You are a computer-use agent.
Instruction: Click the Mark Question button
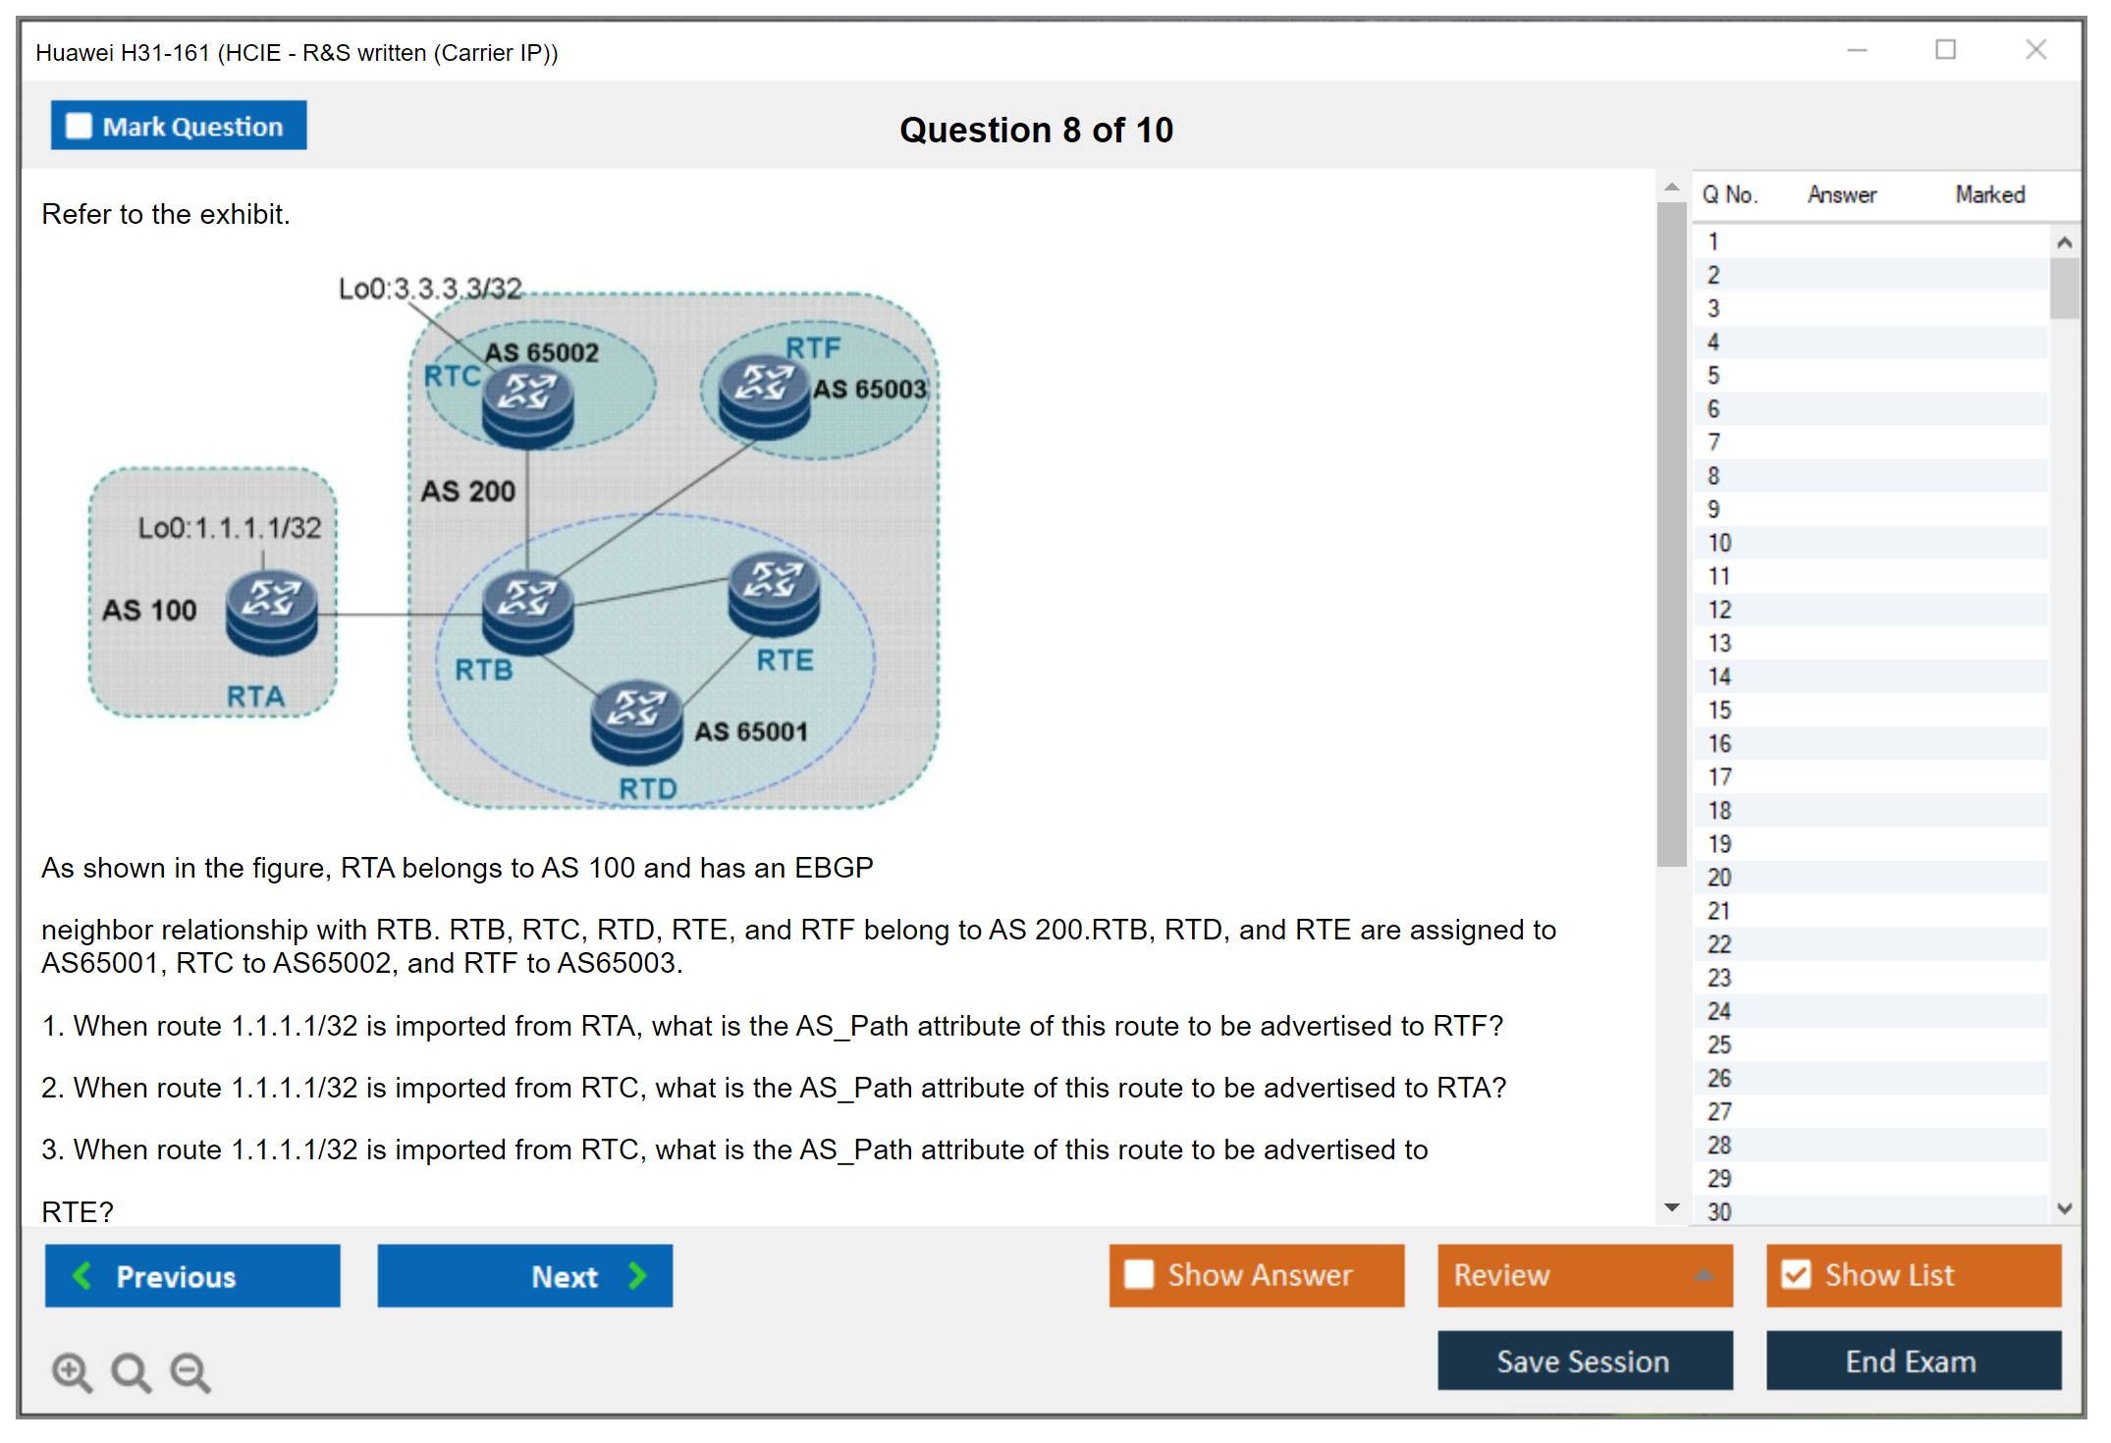click(x=179, y=126)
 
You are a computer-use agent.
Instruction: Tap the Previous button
click(x=192, y=1276)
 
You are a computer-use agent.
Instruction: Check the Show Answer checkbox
click(x=1139, y=1274)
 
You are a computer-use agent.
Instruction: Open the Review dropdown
click(x=1584, y=1275)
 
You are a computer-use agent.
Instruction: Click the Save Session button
click(x=1584, y=1362)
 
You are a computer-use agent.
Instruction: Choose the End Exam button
click(x=1912, y=1362)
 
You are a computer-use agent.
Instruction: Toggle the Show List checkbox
click(x=1797, y=1274)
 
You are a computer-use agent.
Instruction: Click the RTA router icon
click(x=272, y=614)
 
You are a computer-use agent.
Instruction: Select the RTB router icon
click(x=527, y=613)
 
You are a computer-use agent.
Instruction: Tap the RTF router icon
click(x=764, y=399)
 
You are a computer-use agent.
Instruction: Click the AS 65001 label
click(x=751, y=731)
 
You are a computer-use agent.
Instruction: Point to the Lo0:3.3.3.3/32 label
click(x=430, y=289)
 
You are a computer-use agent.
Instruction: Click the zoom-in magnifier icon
click(x=72, y=1371)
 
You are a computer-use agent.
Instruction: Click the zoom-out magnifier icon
click(x=190, y=1371)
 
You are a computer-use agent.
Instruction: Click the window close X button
click(x=2035, y=50)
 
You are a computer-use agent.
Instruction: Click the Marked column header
click(x=1989, y=194)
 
